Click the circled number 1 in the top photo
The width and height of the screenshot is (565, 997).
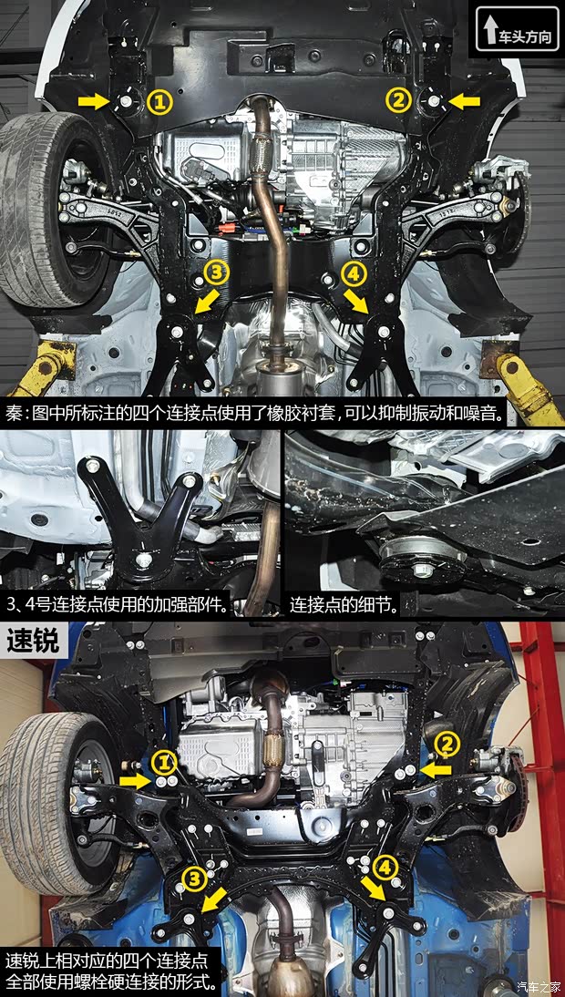click(x=159, y=101)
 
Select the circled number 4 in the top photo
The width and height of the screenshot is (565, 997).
click(x=353, y=272)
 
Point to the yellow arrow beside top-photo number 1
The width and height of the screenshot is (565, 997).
click(x=94, y=101)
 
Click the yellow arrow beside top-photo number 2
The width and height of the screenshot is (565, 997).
click(x=463, y=100)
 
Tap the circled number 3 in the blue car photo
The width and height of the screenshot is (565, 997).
click(x=194, y=878)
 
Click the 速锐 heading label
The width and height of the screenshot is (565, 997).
click(x=32, y=640)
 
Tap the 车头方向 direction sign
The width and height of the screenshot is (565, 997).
click(x=517, y=29)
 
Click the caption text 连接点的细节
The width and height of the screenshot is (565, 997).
click(x=344, y=604)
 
